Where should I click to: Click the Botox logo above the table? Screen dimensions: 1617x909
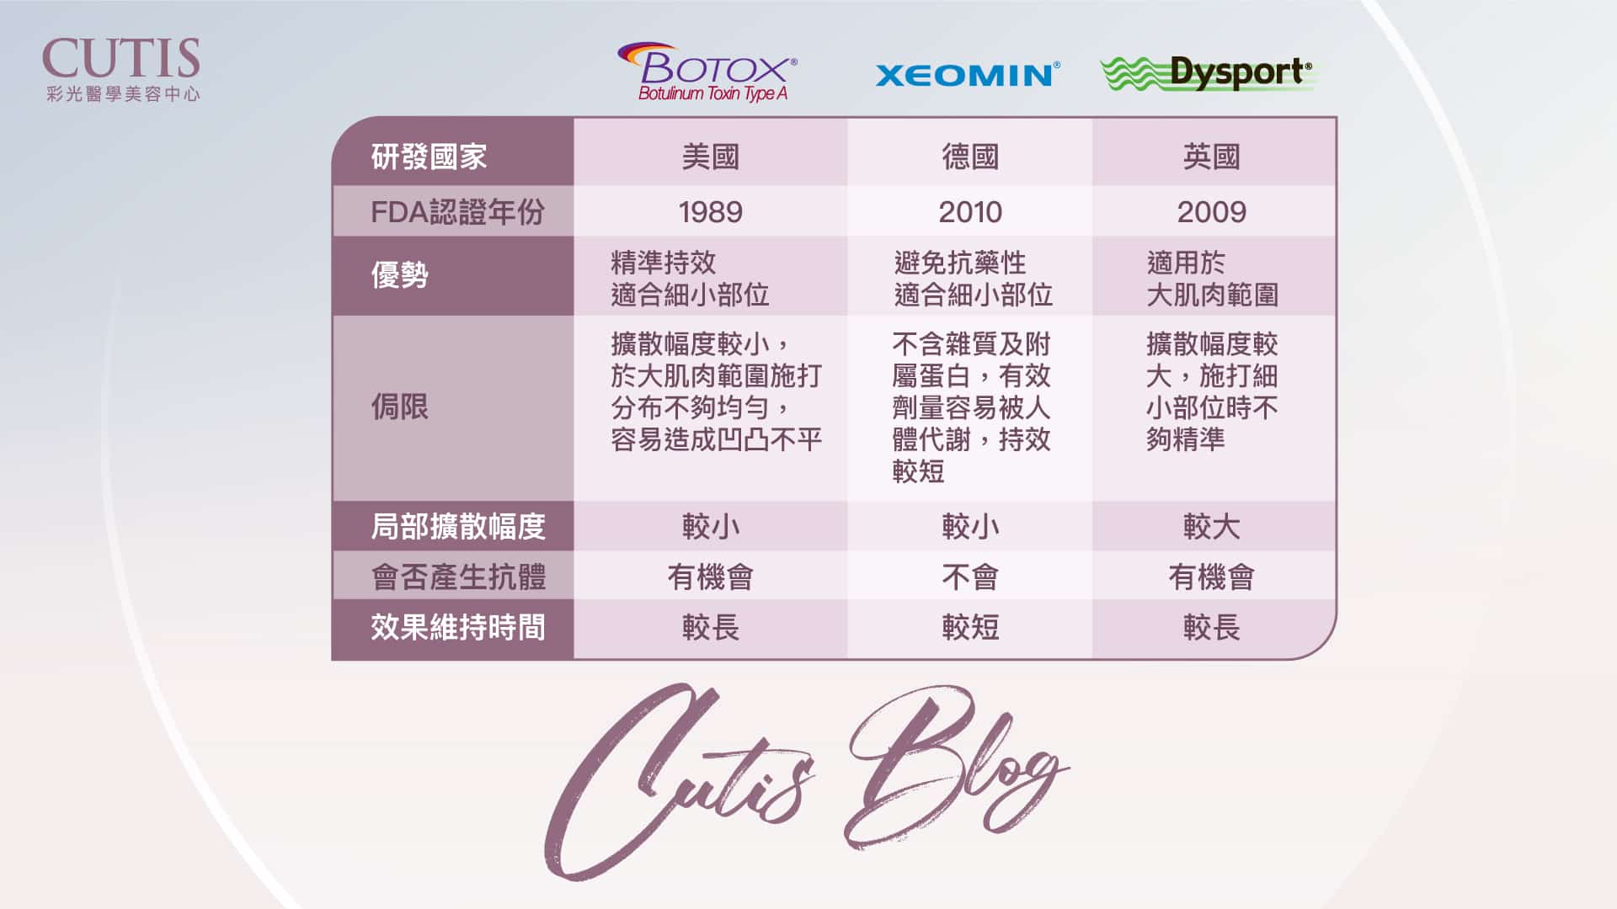707,72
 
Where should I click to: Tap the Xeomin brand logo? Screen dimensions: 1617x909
968,75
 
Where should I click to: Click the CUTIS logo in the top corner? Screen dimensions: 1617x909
121,70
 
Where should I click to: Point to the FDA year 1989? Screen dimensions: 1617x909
710,212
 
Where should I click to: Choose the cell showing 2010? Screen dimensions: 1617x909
970,212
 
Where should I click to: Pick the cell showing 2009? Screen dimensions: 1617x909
1211,212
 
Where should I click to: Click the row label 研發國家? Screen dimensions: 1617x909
429,157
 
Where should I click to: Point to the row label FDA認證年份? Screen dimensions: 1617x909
457,212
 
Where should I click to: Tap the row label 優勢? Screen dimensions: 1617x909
400,275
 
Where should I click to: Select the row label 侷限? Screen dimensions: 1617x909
400,407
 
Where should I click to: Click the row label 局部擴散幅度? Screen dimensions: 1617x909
458,527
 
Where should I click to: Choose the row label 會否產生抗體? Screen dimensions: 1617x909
458,577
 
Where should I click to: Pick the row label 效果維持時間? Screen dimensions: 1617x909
458,627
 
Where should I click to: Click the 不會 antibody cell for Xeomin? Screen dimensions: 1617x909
970,577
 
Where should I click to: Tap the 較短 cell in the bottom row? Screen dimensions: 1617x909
970,627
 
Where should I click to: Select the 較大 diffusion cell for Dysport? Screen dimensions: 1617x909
1211,527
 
